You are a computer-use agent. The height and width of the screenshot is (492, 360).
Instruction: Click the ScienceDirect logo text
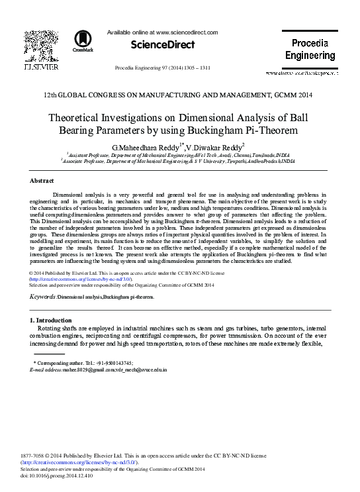(163, 45)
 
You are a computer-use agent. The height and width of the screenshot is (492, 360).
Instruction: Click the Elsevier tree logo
(31, 44)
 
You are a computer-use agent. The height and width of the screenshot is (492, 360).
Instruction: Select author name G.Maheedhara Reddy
(144, 146)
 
